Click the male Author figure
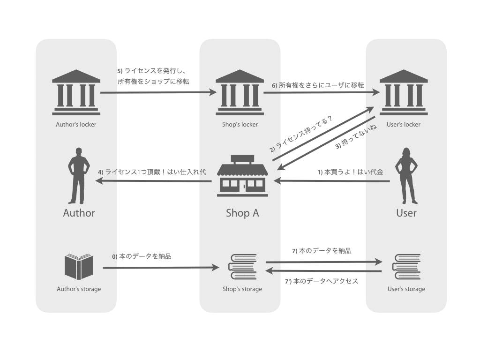pos(78,175)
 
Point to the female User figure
pos(406,175)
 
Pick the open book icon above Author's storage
pos(79,267)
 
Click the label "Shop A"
pos(242,213)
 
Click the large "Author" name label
pos(79,213)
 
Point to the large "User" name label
pos(406,213)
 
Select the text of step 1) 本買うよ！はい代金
pos(350,172)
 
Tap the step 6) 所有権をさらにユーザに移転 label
pos(318,85)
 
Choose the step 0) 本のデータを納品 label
pos(141,256)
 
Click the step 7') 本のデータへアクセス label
pos(322,281)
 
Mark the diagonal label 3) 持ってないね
pos(356,139)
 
